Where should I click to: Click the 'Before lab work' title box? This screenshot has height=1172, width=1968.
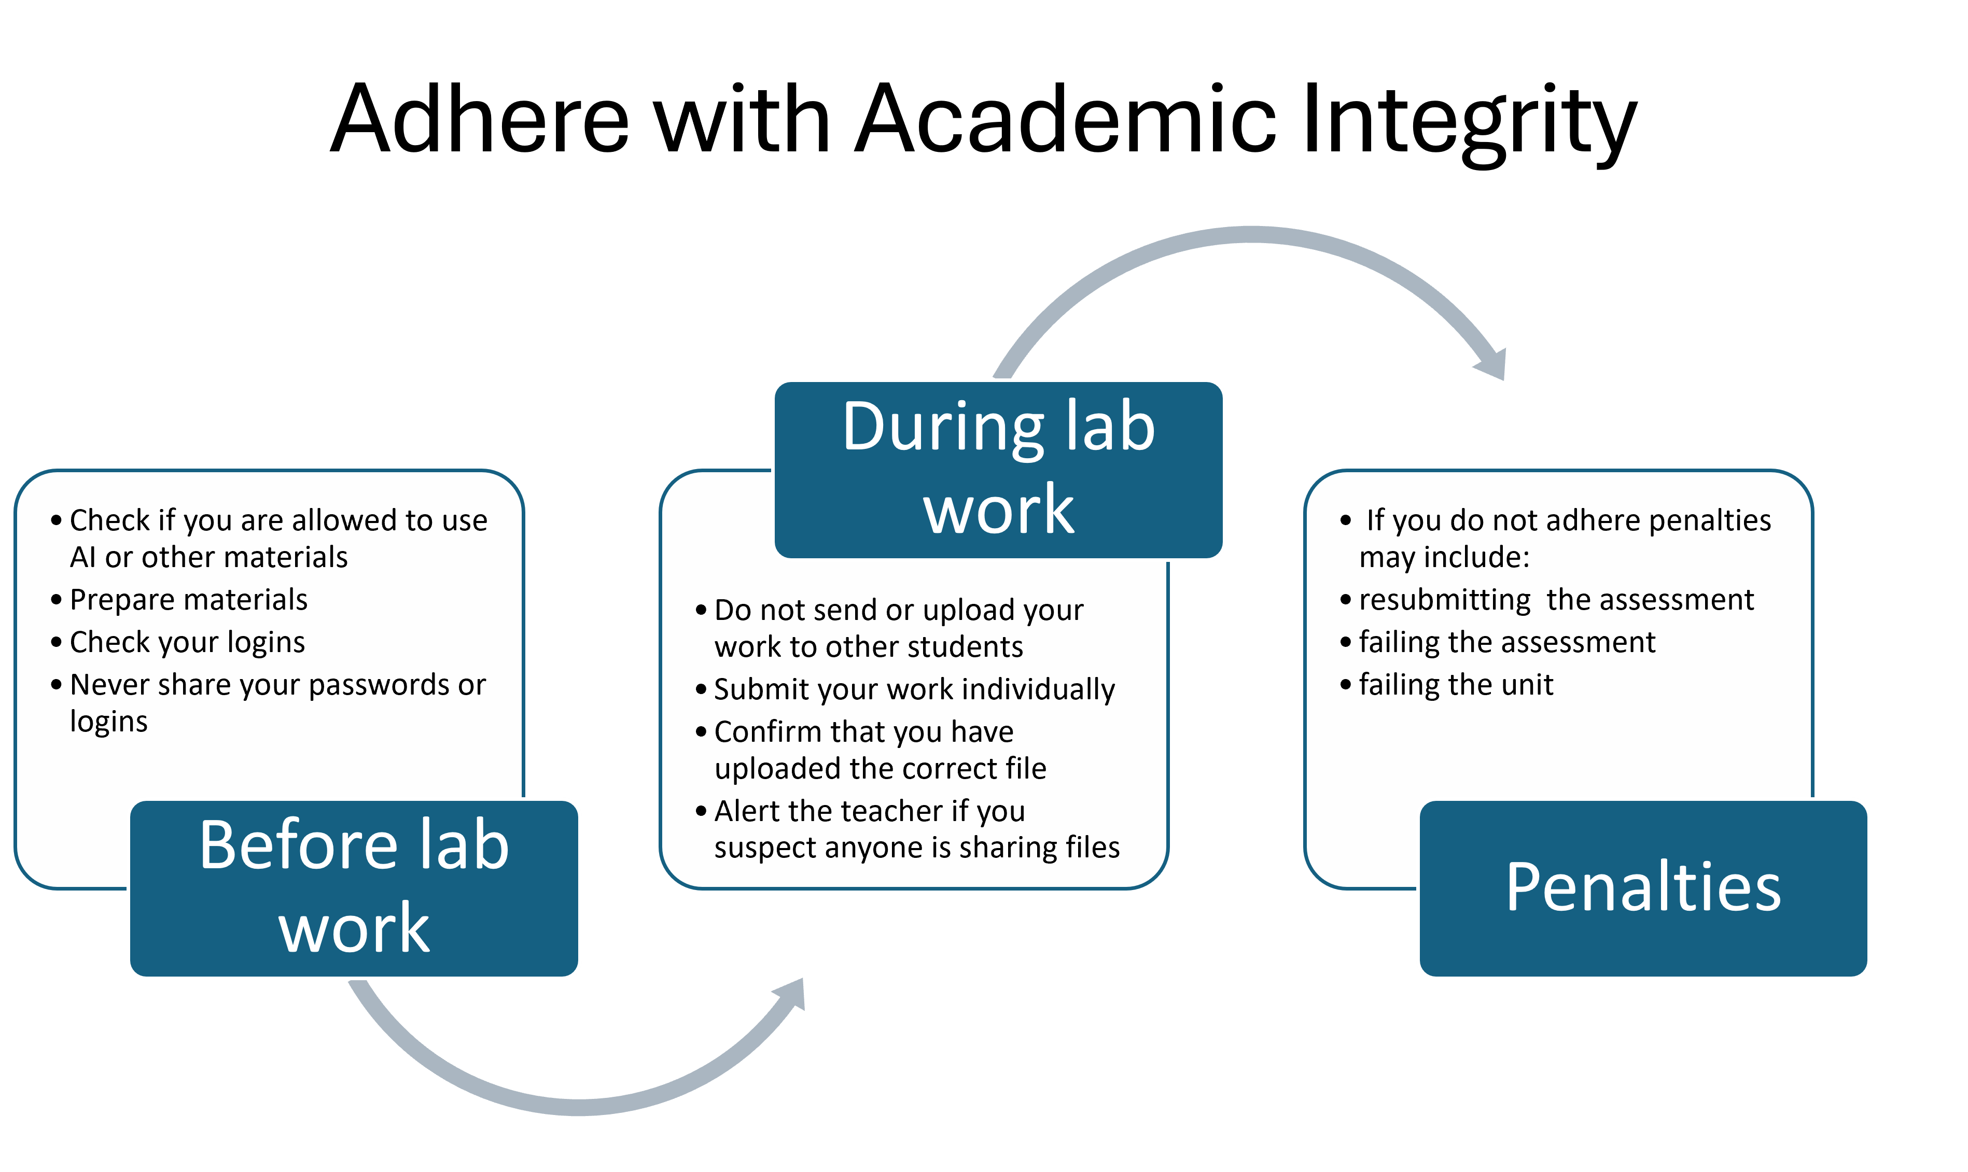pos(354,888)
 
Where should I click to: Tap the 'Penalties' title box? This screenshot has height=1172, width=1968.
pos(1643,888)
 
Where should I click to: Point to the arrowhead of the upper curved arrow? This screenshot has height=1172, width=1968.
pos(1493,365)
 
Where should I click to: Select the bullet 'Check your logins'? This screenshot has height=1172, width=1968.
pos(187,643)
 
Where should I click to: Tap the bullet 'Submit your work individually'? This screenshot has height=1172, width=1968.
pos(914,689)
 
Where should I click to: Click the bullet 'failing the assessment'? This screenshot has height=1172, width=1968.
pos(1506,643)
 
